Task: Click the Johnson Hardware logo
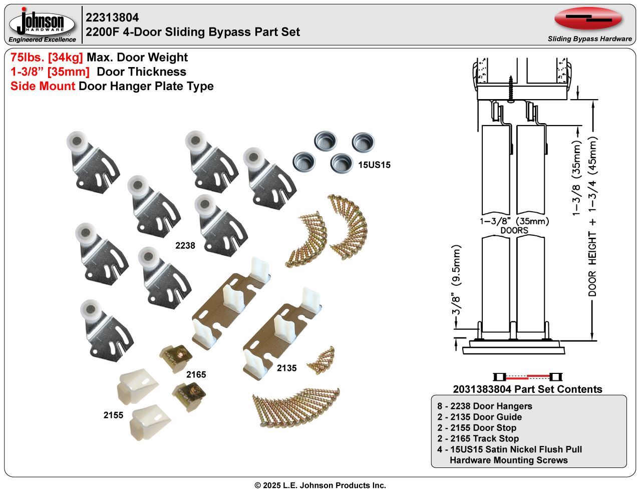coord(42,24)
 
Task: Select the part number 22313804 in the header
coord(112,18)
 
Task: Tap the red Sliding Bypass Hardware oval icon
coord(588,19)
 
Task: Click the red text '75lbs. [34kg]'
coord(47,58)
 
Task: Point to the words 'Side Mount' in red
coord(43,86)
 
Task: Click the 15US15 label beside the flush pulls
coord(374,165)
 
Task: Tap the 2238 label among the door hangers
coord(185,245)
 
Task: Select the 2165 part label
coord(196,374)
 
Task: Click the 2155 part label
coord(113,415)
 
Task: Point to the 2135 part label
coord(286,368)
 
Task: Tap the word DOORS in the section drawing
coord(514,230)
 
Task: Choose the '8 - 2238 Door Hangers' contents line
coord(484,406)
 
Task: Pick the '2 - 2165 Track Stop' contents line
coord(478,438)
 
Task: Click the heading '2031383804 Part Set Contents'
coord(527,389)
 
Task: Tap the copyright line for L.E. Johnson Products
coord(320,485)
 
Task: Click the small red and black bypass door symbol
coord(527,377)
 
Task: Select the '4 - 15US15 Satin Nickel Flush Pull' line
coord(509,449)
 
